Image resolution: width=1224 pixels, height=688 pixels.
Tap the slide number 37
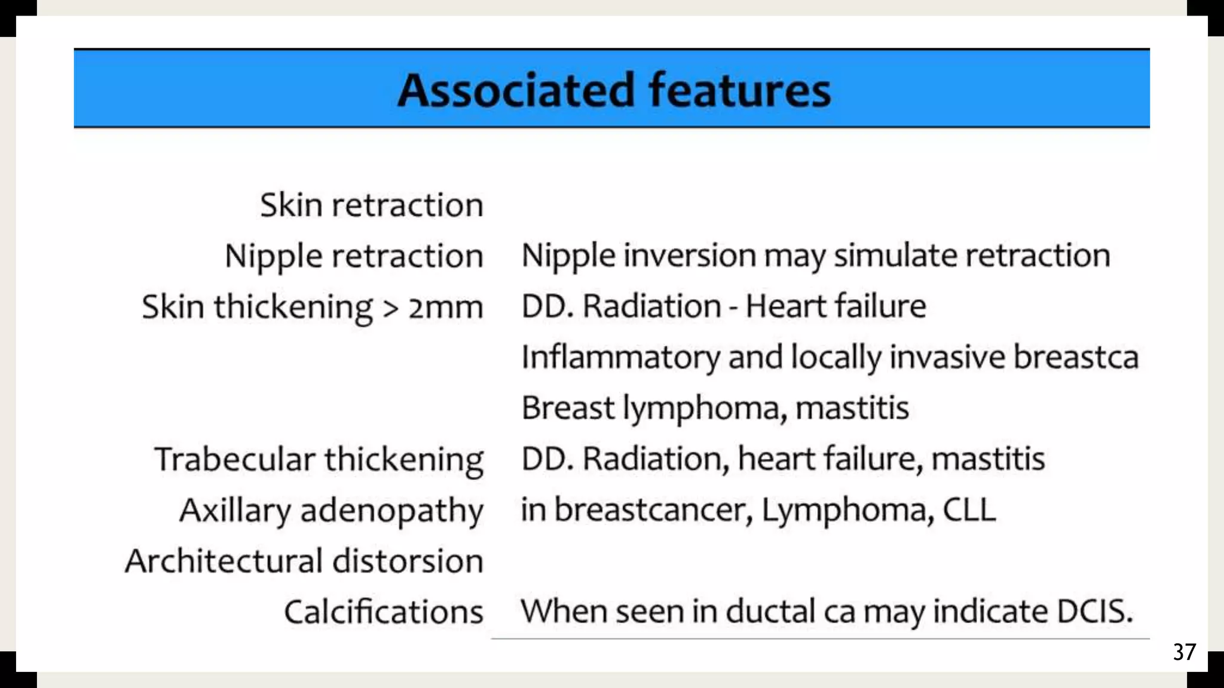tap(1184, 652)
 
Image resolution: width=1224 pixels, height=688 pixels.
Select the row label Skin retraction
tap(371, 205)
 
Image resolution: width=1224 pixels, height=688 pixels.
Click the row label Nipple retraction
tap(354, 256)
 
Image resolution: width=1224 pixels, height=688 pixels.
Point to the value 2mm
tap(445, 308)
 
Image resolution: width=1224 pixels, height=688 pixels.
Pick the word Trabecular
tap(234, 459)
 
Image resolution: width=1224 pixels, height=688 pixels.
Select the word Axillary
tap(235, 511)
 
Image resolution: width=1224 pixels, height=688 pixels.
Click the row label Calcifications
tap(383, 612)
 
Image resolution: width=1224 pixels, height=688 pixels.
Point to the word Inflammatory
tap(620, 358)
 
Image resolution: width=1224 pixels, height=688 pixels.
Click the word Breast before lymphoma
tap(567, 408)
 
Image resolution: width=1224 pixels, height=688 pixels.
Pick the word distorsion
tap(407, 561)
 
